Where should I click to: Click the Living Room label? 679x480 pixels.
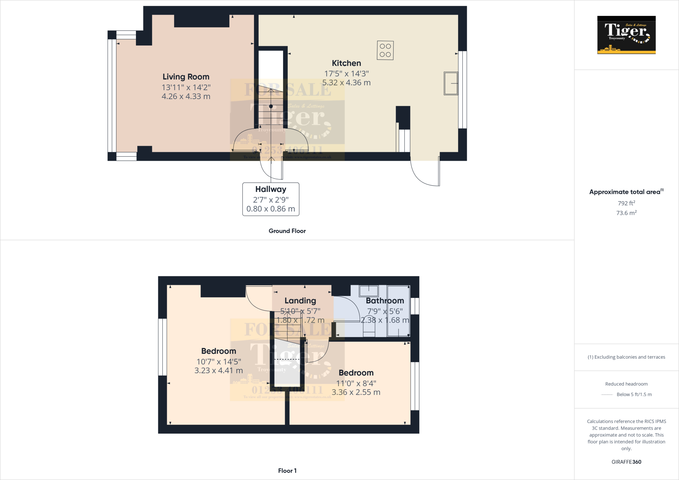tap(186, 77)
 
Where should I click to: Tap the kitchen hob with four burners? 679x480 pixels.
tap(385, 50)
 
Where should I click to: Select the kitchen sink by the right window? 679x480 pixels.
tap(451, 83)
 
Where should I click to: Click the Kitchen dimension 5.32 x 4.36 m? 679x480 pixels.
tap(346, 83)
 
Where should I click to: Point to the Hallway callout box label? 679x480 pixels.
tap(271, 189)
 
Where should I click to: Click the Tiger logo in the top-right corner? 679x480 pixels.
tap(626, 35)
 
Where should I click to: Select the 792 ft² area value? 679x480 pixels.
tap(626, 203)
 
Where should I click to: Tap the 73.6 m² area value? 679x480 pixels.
tap(626, 213)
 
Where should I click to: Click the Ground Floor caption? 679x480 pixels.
tap(287, 231)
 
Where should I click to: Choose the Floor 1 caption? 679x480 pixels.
tap(287, 471)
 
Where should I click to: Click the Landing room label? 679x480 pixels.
tap(300, 301)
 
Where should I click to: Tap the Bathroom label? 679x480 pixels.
tap(385, 301)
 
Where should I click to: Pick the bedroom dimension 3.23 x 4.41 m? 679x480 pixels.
tap(218, 371)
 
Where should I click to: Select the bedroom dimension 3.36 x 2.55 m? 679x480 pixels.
tap(356, 392)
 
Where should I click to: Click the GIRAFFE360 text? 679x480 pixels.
tap(626, 462)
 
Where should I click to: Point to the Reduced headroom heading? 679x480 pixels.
tap(626, 384)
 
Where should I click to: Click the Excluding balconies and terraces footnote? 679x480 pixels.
tap(626, 357)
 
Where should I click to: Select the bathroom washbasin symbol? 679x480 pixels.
tap(369, 291)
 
